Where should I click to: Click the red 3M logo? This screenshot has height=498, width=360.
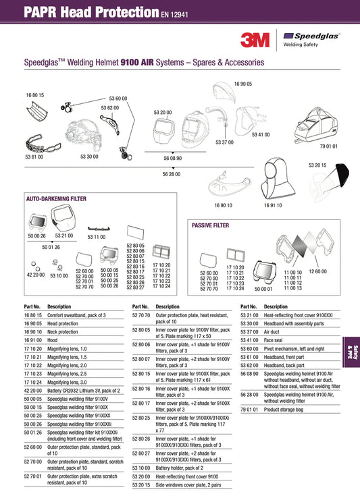tap(255, 40)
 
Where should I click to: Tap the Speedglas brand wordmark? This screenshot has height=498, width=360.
tap(316, 36)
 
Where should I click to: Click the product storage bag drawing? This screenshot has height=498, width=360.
tap(316, 125)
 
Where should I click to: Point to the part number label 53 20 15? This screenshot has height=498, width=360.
tap(317, 165)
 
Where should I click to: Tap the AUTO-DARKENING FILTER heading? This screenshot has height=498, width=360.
tap(56, 199)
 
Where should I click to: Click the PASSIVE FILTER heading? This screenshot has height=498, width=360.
tap(210, 225)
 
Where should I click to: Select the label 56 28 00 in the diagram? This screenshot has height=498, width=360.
tap(172, 174)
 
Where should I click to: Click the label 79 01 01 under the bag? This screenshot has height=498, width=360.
tap(328, 146)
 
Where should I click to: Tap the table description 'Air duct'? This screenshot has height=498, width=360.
tap(272, 332)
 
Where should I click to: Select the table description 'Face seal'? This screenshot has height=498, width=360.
tap(273, 340)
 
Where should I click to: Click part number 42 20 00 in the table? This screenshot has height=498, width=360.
tap(33, 391)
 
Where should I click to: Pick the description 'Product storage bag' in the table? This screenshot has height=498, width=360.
tap(284, 410)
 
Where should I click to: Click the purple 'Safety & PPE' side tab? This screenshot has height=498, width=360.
tap(351, 352)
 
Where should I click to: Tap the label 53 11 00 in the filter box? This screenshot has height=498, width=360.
tap(97, 237)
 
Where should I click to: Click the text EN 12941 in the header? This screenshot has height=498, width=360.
tap(174, 14)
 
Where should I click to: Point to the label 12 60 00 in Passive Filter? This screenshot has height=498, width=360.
tap(317, 271)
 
